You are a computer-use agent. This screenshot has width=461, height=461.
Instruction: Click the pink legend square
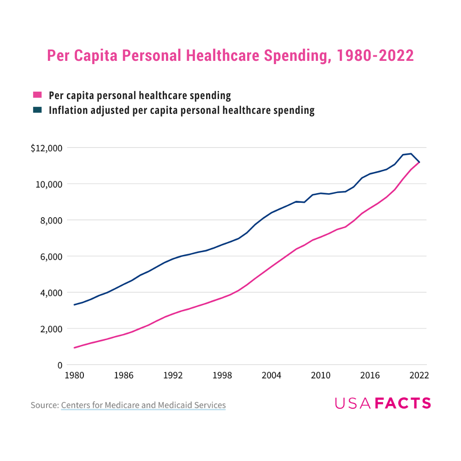click(37, 95)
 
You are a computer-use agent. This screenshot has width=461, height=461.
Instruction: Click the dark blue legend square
click(37, 110)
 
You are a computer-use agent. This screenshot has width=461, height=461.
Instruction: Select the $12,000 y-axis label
click(46, 148)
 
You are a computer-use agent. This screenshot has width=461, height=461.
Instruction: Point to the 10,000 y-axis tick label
click(49, 184)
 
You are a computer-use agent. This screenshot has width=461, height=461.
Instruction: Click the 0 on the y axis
click(59, 365)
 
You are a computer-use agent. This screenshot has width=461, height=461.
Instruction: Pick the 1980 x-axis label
click(74, 376)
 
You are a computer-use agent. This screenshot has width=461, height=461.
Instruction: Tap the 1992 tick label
click(173, 376)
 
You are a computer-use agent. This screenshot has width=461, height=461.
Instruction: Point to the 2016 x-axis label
click(370, 376)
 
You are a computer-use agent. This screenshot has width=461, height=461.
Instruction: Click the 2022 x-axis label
click(419, 376)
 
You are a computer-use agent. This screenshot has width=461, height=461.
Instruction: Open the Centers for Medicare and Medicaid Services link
click(143, 405)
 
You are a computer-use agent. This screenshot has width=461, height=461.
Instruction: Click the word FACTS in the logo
click(403, 403)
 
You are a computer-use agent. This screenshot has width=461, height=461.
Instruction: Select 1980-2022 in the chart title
click(375, 56)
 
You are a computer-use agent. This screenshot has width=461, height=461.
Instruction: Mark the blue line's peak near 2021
click(411, 154)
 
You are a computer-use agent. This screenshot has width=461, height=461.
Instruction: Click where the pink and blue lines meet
click(419, 162)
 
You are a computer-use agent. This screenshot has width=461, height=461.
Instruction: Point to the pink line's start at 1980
click(74, 348)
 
